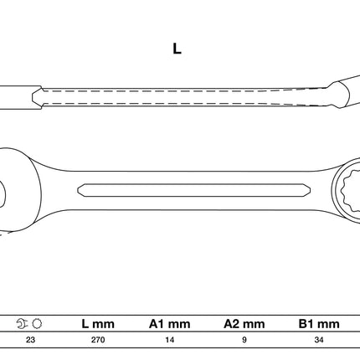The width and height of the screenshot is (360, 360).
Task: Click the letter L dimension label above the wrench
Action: [x=177, y=49]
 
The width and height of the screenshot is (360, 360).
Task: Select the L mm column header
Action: [x=98, y=324]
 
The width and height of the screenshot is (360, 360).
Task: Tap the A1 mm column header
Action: [x=169, y=324]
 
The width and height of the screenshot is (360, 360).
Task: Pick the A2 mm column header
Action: [x=244, y=324]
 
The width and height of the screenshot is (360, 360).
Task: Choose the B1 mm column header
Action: [x=319, y=324]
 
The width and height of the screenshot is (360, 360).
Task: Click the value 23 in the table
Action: [x=30, y=340]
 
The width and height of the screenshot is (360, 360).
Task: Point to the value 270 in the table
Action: [x=98, y=340]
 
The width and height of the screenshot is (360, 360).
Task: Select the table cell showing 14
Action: [x=169, y=340]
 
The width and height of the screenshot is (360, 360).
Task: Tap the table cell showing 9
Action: [x=244, y=340]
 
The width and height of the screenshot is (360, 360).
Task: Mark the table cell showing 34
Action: [x=319, y=340]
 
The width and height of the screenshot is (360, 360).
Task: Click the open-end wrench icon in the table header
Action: [x=23, y=324]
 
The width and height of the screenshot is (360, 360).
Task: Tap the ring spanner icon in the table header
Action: [x=37, y=324]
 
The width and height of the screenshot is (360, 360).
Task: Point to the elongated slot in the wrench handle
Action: [x=194, y=190]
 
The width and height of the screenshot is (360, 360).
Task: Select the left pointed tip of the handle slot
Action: [x=78, y=190]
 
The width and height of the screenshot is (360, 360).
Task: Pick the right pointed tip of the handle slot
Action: [x=311, y=190]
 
